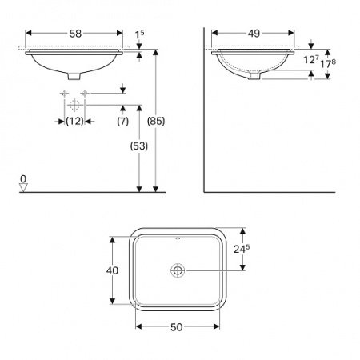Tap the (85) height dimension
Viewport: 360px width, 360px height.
(x=157, y=121)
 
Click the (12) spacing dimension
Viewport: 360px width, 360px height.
(x=74, y=121)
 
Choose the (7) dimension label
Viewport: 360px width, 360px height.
(x=122, y=121)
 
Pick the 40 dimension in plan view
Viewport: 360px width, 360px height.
(x=112, y=270)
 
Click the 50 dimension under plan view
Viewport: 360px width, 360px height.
(x=176, y=327)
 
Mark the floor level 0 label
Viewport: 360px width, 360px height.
(x=23, y=178)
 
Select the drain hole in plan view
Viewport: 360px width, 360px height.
(x=176, y=270)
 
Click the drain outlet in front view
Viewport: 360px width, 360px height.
(x=74, y=77)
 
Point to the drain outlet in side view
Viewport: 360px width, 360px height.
(x=254, y=76)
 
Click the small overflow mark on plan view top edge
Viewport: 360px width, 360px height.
(x=176, y=238)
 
